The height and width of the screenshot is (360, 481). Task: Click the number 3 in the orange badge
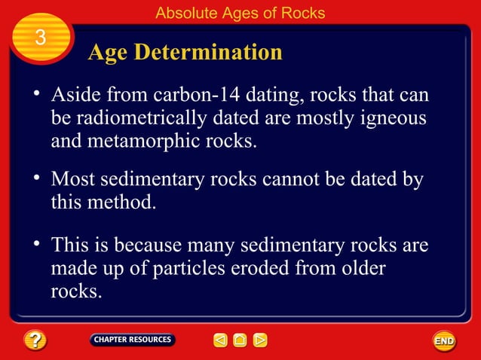[41, 37]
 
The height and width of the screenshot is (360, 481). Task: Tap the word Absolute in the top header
[182, 13]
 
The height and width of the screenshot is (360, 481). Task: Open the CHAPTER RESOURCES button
[132, 340]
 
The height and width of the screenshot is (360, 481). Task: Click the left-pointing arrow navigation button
[220, 340]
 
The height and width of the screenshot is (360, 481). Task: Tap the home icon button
[240, 340]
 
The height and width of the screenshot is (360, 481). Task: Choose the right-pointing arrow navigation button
[260, 340]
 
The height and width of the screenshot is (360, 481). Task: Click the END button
[444, 341]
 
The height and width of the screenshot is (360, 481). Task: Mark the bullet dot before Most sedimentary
[35, 178]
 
